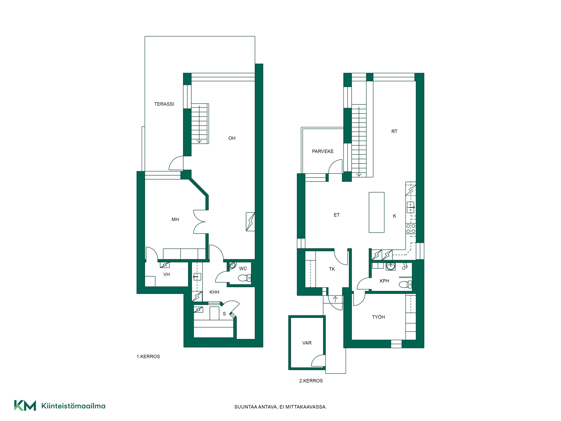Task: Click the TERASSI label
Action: (x=164, y=104)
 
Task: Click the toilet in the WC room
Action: (x=245, y=278)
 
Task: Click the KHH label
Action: (x=214, y=292)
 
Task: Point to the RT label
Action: (x=394, y=131)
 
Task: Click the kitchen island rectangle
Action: (x=376, y=212)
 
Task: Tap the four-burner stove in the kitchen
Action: (x=411, y=228)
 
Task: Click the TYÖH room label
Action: (x=378, y=317)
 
